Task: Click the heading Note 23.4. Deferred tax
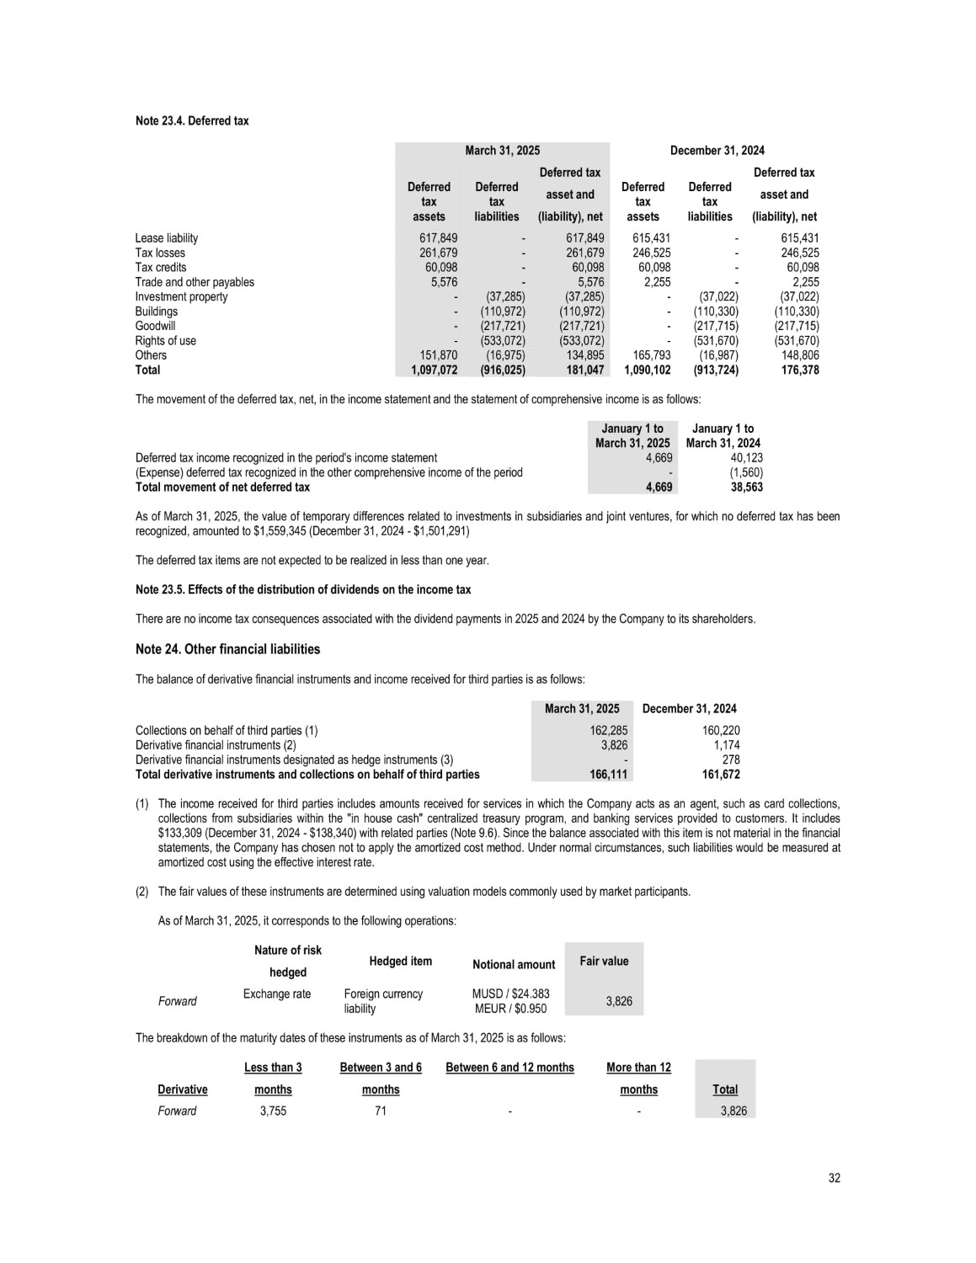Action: point(192,121)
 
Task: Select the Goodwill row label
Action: point(156,326)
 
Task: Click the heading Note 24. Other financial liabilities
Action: point(227,649)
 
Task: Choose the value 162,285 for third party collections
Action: point(608,731)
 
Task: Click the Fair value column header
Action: point(604,961)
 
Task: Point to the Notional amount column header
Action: point(514,964)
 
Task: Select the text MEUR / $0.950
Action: point(510,1008)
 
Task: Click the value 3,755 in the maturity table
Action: point(273,1111)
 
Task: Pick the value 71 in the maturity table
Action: point(381,1111)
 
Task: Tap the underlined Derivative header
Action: point(183,1090)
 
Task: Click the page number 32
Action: point(834,1178)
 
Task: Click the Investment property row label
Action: point(181,296)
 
